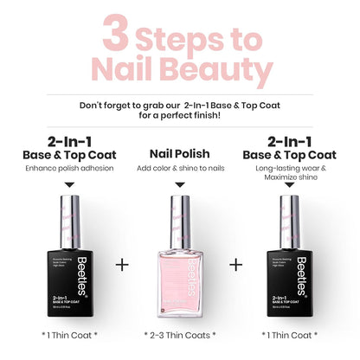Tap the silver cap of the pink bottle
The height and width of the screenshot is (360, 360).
pyautogui.click(x=180, y=213)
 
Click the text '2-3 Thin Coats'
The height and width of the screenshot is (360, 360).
pyautogui.click(x=180, y=333)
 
